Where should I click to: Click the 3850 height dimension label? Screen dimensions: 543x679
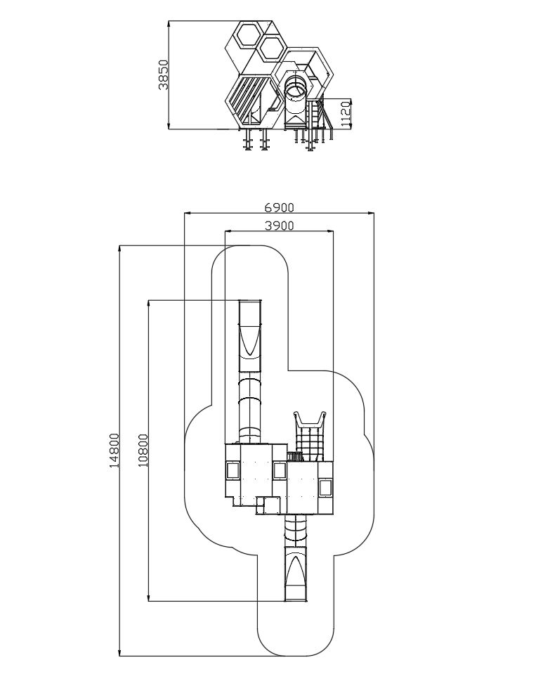164,75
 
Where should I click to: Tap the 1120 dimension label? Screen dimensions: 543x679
346,114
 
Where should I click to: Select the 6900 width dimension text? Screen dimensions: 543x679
279,208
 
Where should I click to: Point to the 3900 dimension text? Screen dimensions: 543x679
279,226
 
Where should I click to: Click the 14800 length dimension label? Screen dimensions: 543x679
114,451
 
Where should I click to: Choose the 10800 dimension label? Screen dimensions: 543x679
143,451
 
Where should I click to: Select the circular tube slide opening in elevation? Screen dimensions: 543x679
296,86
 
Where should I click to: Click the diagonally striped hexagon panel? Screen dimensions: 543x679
248,102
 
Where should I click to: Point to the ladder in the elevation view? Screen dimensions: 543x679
316,113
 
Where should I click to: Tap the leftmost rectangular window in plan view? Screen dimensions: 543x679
233,470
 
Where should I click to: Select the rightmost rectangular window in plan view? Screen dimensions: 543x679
325,489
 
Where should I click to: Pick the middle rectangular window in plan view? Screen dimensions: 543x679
280,471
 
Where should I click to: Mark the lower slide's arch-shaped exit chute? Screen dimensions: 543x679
296,570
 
